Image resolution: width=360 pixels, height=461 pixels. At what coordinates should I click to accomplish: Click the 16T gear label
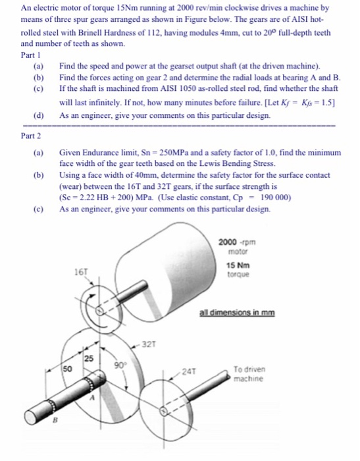(x=80, y=270)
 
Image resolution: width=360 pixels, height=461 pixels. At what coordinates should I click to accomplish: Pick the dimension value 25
(x=88, y=358)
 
